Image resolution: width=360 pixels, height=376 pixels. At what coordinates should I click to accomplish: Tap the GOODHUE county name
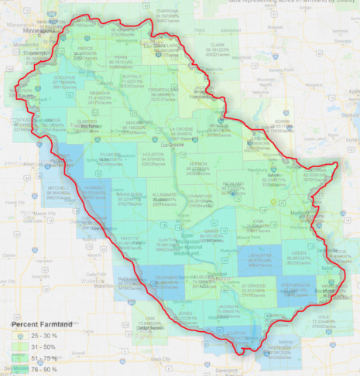[65, 78]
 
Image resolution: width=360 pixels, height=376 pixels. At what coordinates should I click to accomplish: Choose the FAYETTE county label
[129, 238]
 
